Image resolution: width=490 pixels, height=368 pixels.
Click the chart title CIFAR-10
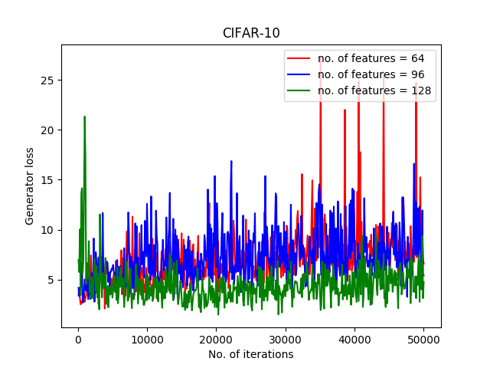(251, 33)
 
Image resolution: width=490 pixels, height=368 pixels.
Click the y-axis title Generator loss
(30, 186)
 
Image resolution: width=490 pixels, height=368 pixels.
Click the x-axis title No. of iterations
(250, 354)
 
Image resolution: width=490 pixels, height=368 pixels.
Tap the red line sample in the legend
(299, 58)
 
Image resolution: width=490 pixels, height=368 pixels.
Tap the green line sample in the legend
(299, 91)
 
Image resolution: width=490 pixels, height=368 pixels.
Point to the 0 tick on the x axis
(77, 340)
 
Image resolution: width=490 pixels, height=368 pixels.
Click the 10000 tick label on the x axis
(147, 340)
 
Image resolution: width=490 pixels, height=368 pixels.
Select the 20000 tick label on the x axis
(216, 340)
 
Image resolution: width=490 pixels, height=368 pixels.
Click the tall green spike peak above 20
(84, 117)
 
